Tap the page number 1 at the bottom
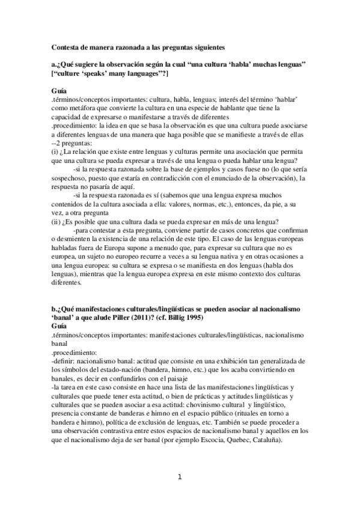pos(179,477)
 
